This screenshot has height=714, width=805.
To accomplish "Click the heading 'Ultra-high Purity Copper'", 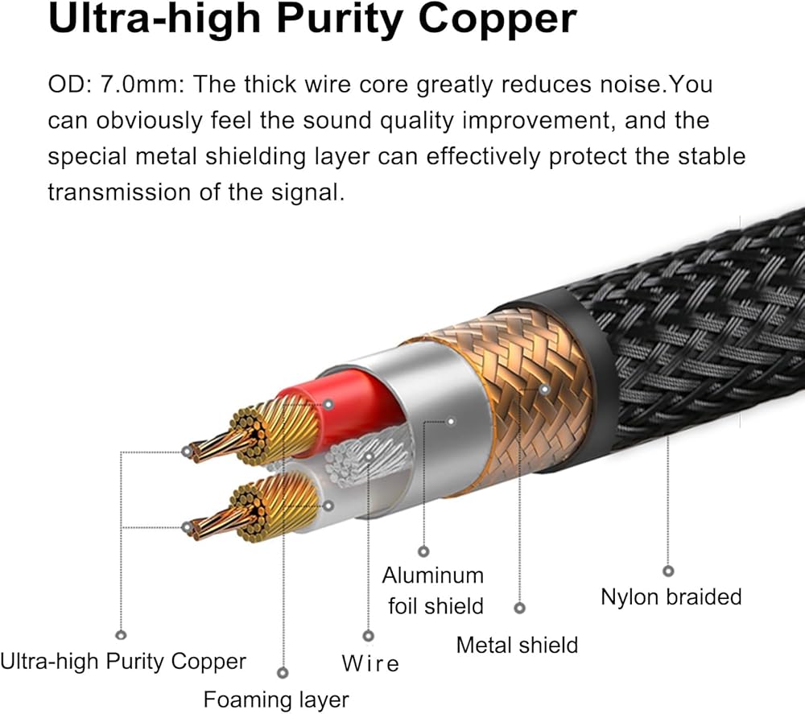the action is coord(312,19).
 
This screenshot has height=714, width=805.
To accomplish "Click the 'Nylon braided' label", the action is coord(671,596).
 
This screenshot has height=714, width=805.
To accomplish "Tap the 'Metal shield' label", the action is coord(517,644).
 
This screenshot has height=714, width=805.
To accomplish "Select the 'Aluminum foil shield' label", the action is coord(433,590).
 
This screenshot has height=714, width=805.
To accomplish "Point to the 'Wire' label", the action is coord(370,664).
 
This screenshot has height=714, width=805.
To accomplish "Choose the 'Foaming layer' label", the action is coord(276,700).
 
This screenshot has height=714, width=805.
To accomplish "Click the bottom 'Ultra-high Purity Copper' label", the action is coord(123,662).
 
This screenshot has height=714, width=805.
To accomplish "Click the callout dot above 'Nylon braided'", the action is coord(667,571).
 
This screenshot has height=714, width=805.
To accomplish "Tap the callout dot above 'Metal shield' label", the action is coord(519,609).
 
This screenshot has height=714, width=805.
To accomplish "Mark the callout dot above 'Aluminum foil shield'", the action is coord(424,551).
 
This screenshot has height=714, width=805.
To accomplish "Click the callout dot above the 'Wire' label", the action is coord(369,636).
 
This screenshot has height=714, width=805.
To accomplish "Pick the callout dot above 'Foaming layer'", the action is coord(282,672).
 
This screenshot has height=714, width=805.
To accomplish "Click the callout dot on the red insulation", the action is coord(328,403).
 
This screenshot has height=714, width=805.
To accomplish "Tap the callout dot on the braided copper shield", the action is coord(544,389).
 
